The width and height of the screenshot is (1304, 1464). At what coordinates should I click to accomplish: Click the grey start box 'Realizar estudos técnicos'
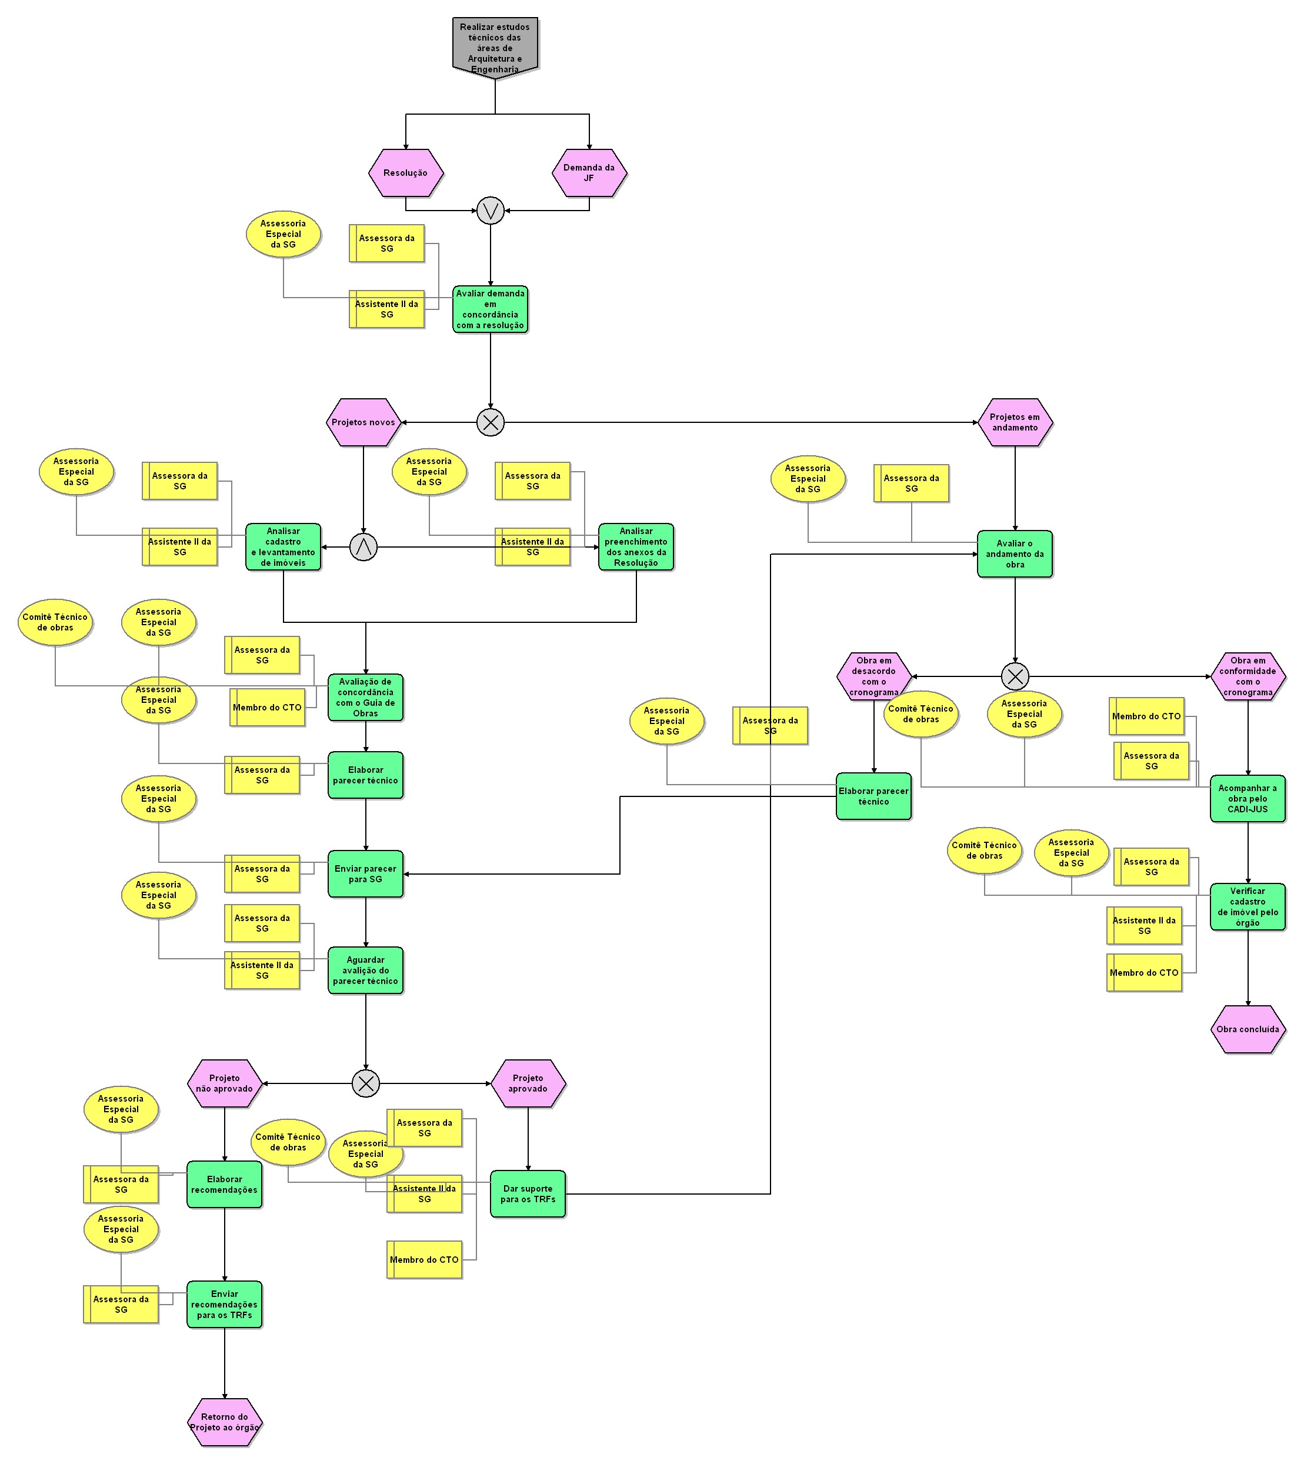[495, 46]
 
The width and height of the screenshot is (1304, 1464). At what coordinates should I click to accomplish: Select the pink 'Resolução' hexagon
[405, 173]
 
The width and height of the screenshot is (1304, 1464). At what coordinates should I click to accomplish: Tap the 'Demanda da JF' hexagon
[589, 173]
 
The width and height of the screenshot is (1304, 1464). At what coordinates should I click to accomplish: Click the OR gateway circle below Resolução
[490, 211]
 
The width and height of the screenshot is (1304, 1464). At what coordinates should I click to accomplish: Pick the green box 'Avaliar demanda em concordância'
[490, 309]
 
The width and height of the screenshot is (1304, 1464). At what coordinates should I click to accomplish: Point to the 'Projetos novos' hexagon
[363, 423]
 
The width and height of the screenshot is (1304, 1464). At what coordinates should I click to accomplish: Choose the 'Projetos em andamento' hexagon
[1015, 423]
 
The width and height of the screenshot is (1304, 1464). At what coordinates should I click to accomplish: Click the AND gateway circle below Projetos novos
[363, 548]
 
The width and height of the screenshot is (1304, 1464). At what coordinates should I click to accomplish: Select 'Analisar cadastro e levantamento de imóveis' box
[283, 548]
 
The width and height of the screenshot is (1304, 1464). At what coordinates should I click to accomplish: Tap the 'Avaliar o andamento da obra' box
[1015, 554]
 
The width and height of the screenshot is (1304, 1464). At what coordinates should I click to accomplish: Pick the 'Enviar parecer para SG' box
[365, 874]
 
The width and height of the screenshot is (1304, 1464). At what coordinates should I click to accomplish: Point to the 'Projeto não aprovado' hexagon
[224, 1083]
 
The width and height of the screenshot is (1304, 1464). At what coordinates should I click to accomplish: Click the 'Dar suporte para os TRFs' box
[528, 1194]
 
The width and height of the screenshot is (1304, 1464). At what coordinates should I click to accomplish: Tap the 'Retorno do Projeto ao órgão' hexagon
[224, 1422]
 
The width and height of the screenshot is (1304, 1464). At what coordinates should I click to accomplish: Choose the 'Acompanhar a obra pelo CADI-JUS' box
[1248, 799]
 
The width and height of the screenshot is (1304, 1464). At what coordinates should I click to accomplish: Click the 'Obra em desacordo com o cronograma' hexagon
[873, 676]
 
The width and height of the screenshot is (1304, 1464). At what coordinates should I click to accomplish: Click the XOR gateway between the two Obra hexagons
[1015, 676]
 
